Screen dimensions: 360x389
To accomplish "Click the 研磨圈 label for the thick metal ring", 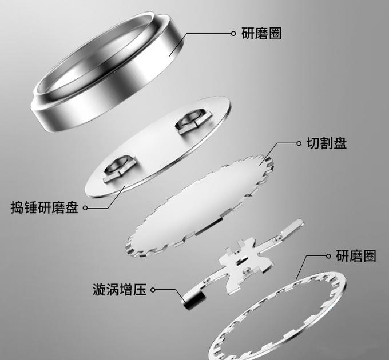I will coord(261,34).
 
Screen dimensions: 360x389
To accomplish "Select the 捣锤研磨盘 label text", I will coord(44,207).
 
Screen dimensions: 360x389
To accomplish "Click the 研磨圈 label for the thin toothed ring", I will coord(356,256).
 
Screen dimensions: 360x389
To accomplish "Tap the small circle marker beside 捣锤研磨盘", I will coord(85,208).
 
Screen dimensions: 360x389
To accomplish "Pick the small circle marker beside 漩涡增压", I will coord(153,290).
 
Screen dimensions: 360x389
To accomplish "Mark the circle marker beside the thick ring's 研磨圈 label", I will coord(233,34).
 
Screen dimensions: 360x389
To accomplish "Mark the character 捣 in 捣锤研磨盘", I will coord(17,207).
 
